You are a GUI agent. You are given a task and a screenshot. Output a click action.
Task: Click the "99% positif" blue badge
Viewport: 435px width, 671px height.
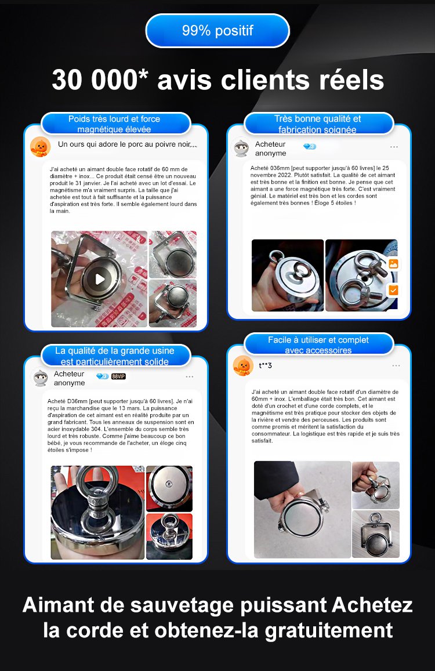point(217,30)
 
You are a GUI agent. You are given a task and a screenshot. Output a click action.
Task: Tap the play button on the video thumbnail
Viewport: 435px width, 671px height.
point(100,279)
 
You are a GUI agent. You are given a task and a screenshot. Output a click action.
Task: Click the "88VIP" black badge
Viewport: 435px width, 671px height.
point(118,376)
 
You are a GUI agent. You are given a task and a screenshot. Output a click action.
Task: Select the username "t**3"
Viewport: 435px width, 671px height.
point(266,365)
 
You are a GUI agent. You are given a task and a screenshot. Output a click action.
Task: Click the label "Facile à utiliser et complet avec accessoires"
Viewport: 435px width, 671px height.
point(318,345)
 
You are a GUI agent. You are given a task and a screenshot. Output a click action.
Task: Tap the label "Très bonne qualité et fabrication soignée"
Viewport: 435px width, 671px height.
point(318,124)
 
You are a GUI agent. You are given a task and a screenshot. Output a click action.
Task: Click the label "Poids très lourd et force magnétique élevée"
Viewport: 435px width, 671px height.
point(115,124)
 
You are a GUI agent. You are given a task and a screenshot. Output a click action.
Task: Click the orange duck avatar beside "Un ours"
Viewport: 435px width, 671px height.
point(41,147)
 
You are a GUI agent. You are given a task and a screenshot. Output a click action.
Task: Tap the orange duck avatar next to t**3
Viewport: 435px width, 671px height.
point(243,366)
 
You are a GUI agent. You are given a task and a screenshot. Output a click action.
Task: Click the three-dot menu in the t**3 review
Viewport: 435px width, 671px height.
point(396,366)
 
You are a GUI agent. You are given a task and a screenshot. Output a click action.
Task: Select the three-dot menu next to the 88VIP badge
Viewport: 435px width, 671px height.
point(190,376)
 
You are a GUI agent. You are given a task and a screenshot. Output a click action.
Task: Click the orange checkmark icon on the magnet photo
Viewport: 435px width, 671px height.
point(393,290)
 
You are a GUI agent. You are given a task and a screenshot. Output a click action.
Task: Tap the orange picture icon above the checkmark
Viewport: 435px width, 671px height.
point(393,264)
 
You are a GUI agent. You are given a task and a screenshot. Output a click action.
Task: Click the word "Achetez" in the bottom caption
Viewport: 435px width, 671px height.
point(372,605)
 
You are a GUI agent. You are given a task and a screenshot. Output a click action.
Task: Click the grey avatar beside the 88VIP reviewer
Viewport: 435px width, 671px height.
point(41,378)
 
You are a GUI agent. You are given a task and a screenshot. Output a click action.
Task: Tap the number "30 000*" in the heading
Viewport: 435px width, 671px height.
point(100,79)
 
